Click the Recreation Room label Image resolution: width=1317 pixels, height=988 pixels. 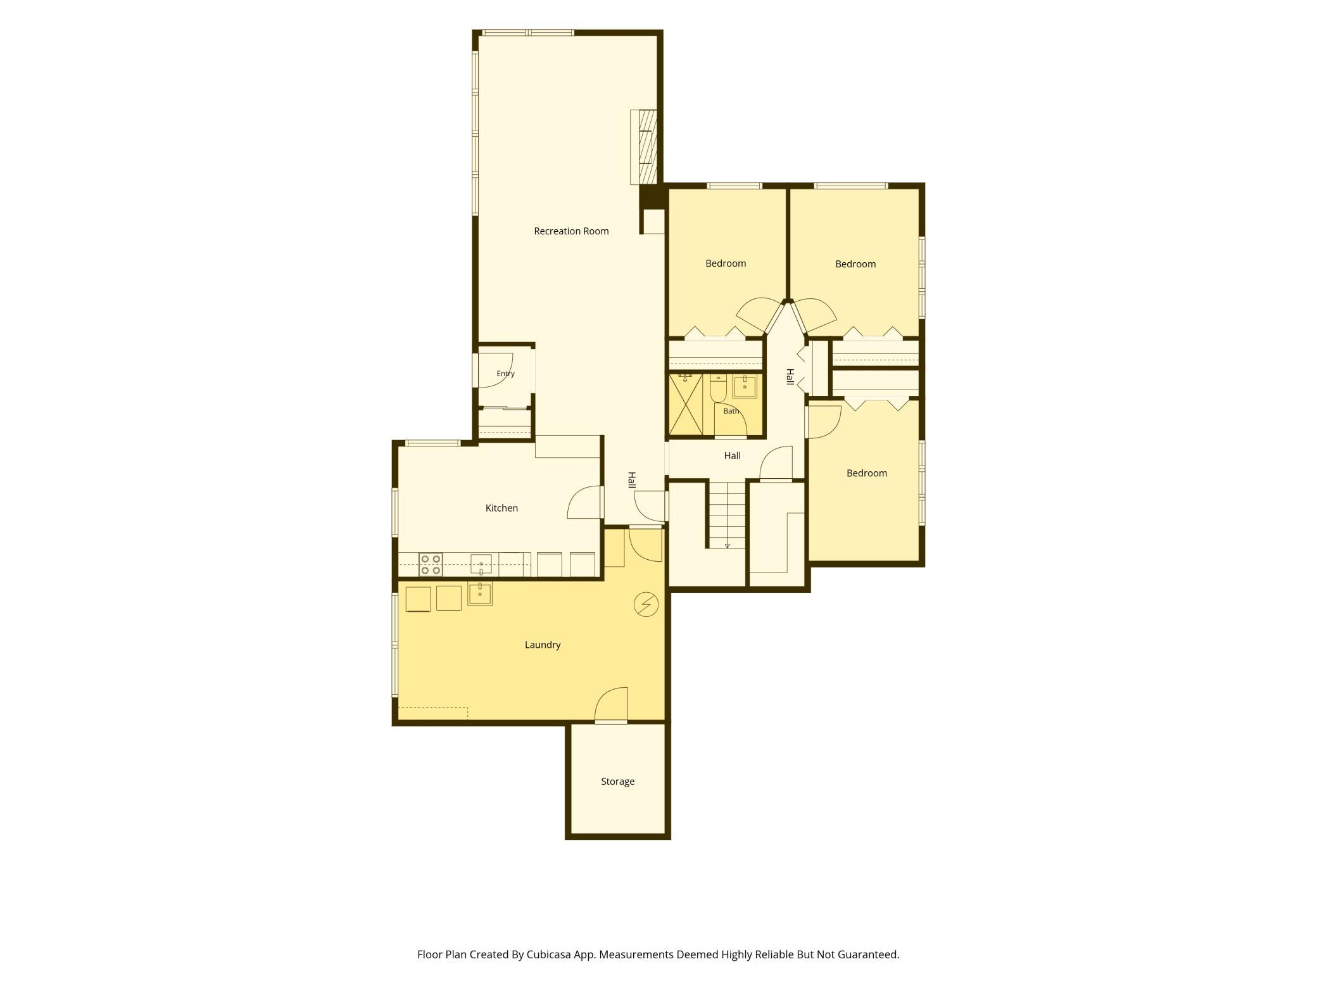pos(571,231)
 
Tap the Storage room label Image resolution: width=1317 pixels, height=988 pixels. pos(617,782)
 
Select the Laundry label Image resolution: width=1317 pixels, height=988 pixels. pos(543,645)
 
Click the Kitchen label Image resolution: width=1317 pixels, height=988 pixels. pos(501,508)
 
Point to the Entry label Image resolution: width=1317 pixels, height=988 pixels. pos(505,374)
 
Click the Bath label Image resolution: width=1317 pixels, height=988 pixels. pos(731,411)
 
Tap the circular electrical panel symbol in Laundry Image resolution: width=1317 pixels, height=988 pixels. pos(646,604)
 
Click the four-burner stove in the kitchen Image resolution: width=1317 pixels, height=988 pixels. pos(431,564)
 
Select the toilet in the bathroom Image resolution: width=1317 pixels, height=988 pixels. pos(718,388)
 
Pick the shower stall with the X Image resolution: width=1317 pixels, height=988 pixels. pos(686,405)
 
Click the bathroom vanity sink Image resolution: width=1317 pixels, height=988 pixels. pos(745,386)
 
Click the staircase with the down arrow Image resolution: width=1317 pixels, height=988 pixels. pos(727,514)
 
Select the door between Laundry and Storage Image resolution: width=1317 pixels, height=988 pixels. pos(611,704)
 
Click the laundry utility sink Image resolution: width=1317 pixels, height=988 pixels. pos(480,593)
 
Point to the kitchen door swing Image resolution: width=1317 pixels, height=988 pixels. pos(584,503)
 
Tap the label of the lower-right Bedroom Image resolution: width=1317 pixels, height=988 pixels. pos(866,473)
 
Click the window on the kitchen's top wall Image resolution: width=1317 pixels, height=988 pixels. pos(433,443)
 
